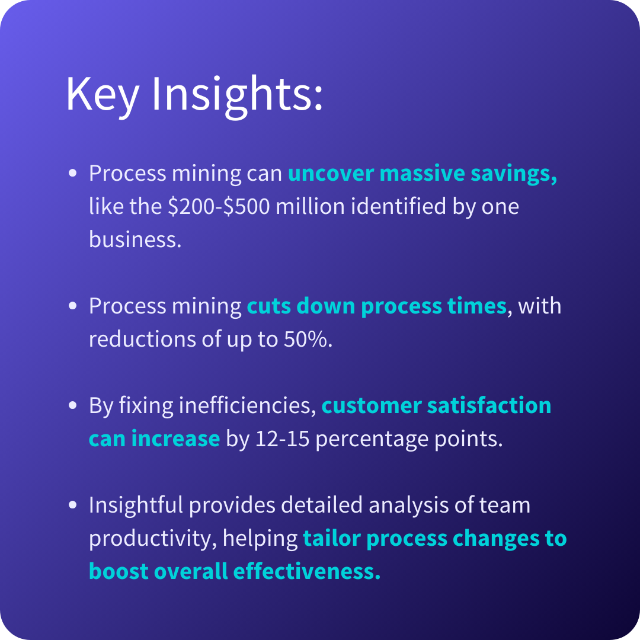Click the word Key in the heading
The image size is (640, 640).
pyautogui.click(x=103, y=96)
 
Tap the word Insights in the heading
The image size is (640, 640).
pyautogui.click(x=237, y=96)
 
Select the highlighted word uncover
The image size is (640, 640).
pyautogui.click(x=331, y=174)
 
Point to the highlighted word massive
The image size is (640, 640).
pyautogui.click(x=422, y=174)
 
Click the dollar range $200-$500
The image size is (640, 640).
pyautogui.click(x=219, y=206)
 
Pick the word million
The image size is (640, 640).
pyautogui.click(x=310, y=206)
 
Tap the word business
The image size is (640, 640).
pyautogui.click(x=135, y=239)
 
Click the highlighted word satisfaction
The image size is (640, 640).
pyautogui.click(x=489, y=406)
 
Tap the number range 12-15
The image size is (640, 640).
pyautogui.click(x=282, y=439)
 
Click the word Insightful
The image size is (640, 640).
pyautogui.click(x=136, y=505)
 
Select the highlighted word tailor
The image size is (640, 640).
pyautogui.click(x=332, y=538)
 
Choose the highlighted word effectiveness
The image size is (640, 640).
pyautogui.click(x=307, y=571)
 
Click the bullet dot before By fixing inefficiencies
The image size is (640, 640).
pyautogui.click(x=73, y=405)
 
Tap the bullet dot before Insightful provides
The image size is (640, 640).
pyautogui.click(x=73, y=505)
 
